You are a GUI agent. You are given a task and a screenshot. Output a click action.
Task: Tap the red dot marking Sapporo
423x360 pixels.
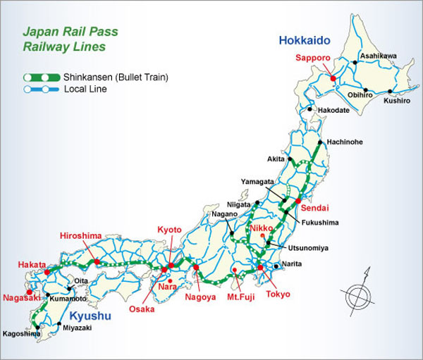(x=333, y=78)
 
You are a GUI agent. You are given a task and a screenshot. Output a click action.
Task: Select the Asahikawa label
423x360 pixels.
(x=378, y=56)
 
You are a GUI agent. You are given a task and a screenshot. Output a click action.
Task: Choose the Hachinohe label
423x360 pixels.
(x=345, y=142)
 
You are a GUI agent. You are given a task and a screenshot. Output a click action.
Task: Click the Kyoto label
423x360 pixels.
(x=170, y=230)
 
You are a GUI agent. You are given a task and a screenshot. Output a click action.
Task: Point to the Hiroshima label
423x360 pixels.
(x=81, y=235)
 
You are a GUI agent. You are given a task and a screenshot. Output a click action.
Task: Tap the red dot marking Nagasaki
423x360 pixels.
(x=28, y=292)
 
